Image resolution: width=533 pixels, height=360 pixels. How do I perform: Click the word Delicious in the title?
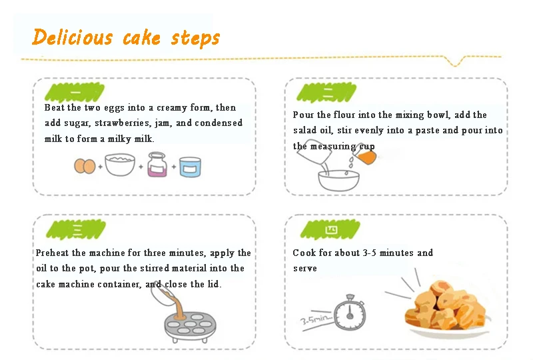(x=72, y=37)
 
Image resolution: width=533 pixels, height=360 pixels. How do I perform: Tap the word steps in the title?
(x=195, y=38)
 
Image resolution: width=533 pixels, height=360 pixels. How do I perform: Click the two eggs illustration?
(x=85, y=166)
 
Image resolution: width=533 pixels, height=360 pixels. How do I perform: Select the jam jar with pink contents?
(x=157, y=165)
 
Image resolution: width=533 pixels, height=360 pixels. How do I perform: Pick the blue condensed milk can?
(x=190, y=167)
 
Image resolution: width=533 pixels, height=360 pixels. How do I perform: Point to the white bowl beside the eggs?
(x=120, y=165)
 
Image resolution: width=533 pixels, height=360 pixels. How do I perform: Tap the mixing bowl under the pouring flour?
(x=338, y=181)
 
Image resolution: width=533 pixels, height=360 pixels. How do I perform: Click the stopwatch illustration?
(x=350, y=313)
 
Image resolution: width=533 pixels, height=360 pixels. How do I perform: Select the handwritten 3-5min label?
(x=316, y=319)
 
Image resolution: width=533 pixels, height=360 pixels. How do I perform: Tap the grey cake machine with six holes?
(x=190, y=326)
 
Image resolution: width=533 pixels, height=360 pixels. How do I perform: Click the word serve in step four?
(x=305, y=269)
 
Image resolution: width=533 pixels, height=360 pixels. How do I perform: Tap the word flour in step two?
(x=344, y=115)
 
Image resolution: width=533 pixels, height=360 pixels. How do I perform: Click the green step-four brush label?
(x=330, y=230)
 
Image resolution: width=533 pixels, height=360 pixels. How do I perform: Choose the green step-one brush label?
(x=75, y=92)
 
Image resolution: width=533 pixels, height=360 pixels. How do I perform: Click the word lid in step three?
(x=214, y=284)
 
